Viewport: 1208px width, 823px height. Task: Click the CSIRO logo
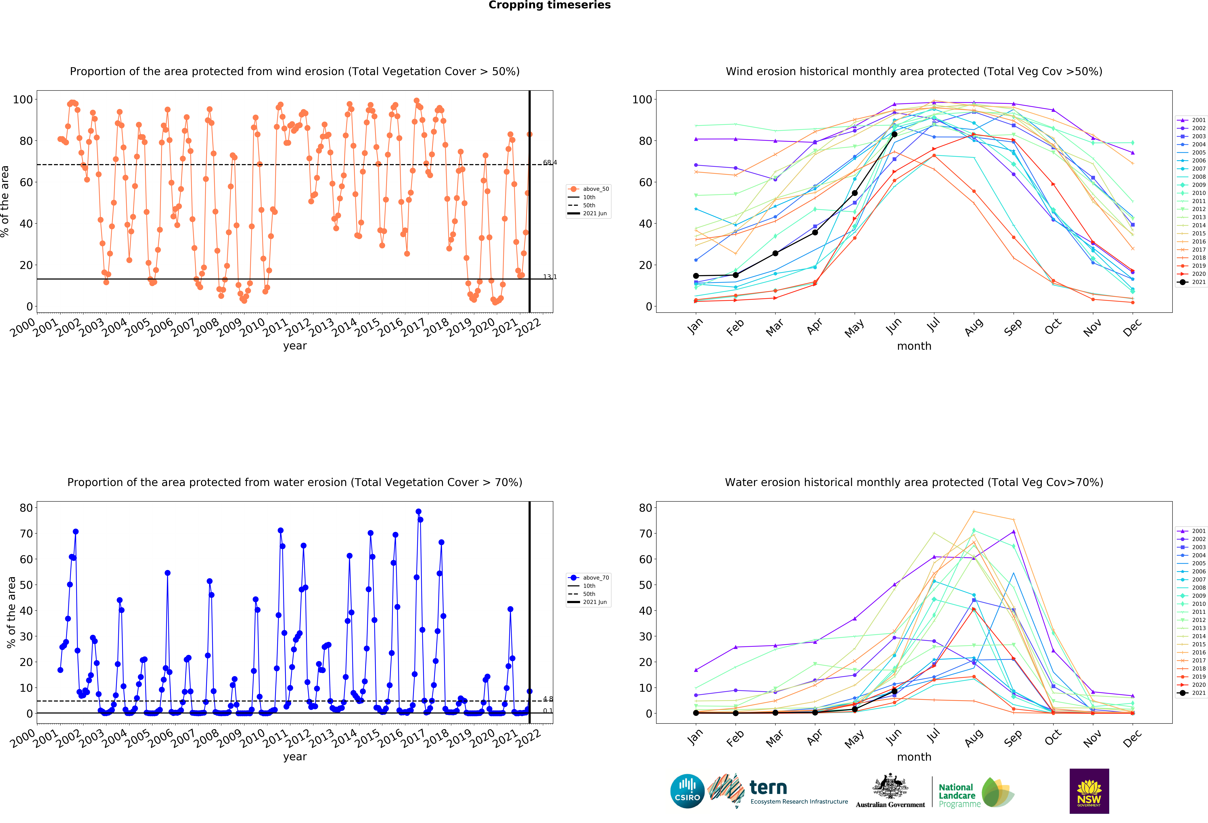pyautogui.click(x=687, y=791)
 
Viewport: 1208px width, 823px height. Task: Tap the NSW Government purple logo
pyautogui.click(x=1089, y=791)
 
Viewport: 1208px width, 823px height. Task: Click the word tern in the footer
pyautogui.click(x=768, y=788)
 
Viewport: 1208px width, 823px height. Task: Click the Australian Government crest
pyautogui.click(x=890, y=787)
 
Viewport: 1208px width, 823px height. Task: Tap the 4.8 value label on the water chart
pyautogui.click(x=548, y=699)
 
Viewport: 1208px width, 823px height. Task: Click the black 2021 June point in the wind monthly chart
pyautogui.click(x=894, y=135)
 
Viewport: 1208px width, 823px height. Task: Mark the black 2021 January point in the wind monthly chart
pyautogui.click(x=696, y=276)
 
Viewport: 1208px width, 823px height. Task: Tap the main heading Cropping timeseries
pyautogui.click(x=549, y=5)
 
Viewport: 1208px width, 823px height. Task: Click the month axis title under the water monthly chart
pyautogui.click(x=914, y=757)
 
